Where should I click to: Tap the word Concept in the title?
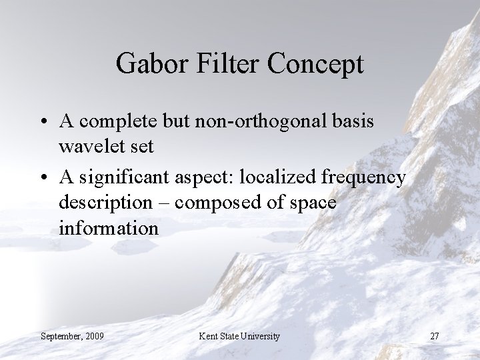317,65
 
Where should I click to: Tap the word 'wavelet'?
93,147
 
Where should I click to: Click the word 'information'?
109,228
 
